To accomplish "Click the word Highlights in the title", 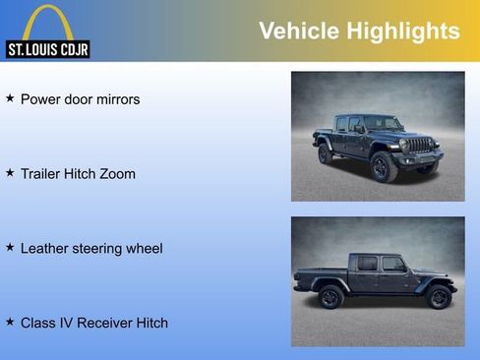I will point(402,31).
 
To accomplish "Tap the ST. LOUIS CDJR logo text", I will point(47,49).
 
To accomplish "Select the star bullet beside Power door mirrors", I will point(10,98).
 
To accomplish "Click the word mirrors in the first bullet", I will point(114,99).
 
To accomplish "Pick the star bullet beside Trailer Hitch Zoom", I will point(10,172).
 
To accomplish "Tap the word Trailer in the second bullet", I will point(43,174).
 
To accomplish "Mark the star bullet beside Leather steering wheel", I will point(10,247).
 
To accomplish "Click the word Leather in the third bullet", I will point(45,249).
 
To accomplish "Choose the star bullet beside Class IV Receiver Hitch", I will point(10,321).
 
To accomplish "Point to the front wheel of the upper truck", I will point(385,166).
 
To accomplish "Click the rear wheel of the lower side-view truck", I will point(330,297).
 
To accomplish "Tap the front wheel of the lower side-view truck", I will point(437,297).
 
